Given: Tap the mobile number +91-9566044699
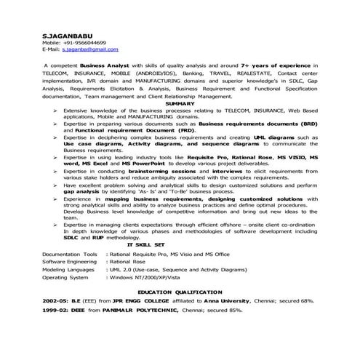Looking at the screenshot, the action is (84, 42).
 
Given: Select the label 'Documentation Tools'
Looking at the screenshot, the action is (70, 255).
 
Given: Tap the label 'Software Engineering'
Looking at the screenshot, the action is (70, 262).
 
